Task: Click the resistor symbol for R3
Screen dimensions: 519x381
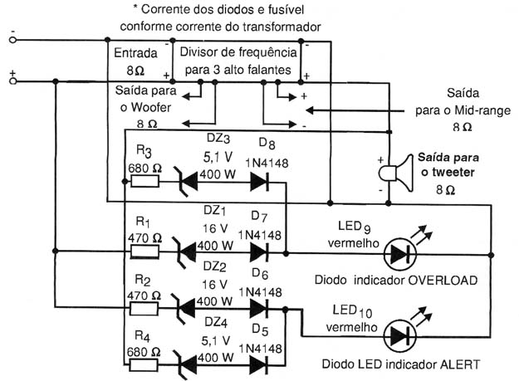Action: pyautogui.click(x=145, y=181)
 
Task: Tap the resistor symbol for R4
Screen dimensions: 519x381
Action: pyautogui.click(x=144, y=364)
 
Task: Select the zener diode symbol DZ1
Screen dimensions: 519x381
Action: pyautogui.click(x=184, y=252)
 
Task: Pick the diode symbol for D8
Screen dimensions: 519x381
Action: pyautogui.click(x=259, y=182)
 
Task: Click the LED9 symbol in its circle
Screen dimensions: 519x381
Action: pyautogui.click(x=400, y=254)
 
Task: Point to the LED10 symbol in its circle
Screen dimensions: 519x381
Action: pyautogui.click(x=400, y=337)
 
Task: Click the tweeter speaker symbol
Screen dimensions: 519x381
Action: pyautogui.click(x=396, y=173)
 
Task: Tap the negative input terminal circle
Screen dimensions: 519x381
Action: pyautogui.click(x=12, y=40)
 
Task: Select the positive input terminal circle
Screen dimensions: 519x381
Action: pyautogui.click(x=12, y=81)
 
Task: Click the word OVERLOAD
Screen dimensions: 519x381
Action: pyautogui.click(x=443, y=280)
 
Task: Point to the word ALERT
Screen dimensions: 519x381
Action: pyautogui.click(x=460, y=364)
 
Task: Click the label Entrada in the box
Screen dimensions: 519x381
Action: pyautogui.click(x=135, y=53)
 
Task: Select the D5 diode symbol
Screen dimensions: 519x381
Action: pyautogui.click(x=259, y=365)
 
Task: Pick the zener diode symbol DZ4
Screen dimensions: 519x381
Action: pyautogui.click(x=184, y=365)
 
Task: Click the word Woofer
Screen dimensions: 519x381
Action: pyautogui.click(x=150, y=107)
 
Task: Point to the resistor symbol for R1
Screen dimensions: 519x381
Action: pyautogui.click(x=145, y=252)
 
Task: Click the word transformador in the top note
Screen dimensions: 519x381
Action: pyautogui.click(x=282, y=27)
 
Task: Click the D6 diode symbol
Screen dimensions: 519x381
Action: pyautogui.click(x=259, y=309)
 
